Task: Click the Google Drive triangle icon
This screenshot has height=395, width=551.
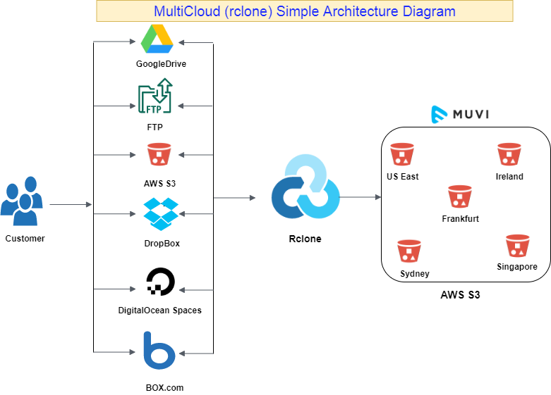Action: [x=157, y=39]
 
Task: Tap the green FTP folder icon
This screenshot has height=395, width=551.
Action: [x=155, y=96]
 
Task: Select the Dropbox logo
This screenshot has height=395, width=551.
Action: [x=161, y=214]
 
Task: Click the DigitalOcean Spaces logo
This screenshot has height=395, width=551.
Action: [x=161, y=282]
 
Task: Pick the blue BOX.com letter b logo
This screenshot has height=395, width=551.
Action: [x=159, y=350]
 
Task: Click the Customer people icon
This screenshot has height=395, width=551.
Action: [x=22, y=201]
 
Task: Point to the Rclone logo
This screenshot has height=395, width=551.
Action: [x=305, y=187]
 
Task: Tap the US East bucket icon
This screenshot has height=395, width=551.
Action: [x=402, y=154]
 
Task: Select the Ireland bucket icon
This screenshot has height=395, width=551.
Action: [x=509, y=154]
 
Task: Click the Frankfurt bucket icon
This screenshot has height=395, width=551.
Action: [x=459, y=196]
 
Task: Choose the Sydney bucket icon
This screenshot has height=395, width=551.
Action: [x=409, y=251]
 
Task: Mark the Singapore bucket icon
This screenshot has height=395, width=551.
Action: [x=518, y=246]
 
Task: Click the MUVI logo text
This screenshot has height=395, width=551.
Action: [x=471, y=114]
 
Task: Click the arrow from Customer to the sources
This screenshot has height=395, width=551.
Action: [x=71, y=204]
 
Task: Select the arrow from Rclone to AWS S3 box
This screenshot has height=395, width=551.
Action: [x=361, y=197]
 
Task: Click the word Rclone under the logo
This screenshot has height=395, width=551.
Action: [x=305, y=239]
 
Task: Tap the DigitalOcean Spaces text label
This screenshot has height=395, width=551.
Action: [x=160, y=311]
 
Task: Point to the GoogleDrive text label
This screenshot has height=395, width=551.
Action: [x=162, y=64]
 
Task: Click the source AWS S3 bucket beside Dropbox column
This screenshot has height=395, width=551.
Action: [x=159, y=154]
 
